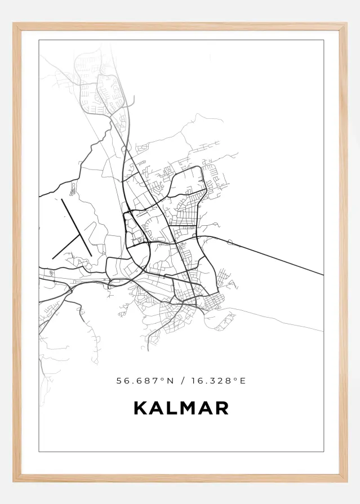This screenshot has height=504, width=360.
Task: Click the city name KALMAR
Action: [x=181, y=408]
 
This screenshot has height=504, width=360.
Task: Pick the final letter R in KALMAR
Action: [x=222, y=408]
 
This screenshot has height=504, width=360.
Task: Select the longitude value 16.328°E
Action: [x=218, y=381]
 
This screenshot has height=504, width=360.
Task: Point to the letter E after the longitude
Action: [x=243, y=381]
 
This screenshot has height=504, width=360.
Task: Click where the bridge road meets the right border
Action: [x=323, y=275]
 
